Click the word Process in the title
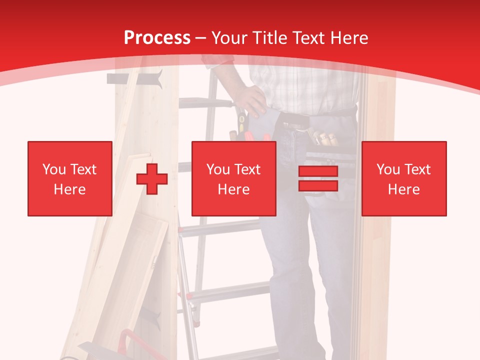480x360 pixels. (x=157, y=38)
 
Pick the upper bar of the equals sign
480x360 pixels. (x=318, y=171)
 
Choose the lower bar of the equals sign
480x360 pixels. (x=318, y=185)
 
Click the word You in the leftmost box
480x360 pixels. (x=53, y=169)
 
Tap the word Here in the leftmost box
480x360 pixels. (x=69, y=189)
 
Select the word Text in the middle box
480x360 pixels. (x=247, y=169)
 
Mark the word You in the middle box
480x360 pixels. (x=218, y=169)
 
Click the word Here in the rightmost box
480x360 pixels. (x=403, y=189)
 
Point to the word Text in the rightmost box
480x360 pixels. (x=417, y=169)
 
